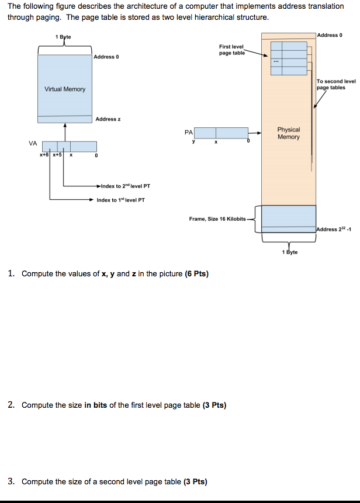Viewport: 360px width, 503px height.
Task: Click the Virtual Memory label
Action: tap(65, 89)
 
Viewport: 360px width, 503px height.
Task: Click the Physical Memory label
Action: tap(288, 133)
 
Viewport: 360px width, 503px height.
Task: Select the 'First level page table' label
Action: tap(231, 50)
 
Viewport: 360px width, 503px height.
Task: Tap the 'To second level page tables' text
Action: tap(335, 84)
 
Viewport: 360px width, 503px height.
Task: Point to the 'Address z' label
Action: tap(108, 119)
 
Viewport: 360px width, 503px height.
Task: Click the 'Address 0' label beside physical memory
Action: tap(329, 35)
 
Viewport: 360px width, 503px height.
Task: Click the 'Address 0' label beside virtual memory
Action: tap(106, 57)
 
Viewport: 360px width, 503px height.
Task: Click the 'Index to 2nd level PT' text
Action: tap(125, 186)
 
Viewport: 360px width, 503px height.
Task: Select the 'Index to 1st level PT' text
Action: tap(121, 200)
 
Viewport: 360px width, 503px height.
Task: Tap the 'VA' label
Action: tap(32, 143)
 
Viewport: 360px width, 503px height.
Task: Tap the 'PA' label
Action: tap(188, 133)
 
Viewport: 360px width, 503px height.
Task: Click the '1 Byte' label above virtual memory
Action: tap(63, 37)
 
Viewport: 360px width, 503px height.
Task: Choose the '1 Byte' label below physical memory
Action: tap(289, 252)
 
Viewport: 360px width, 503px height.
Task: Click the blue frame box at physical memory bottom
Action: tap(288, 218)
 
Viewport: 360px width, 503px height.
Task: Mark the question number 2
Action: tap(12, 405)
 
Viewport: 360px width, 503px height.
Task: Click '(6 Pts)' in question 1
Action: tap(196, 273)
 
